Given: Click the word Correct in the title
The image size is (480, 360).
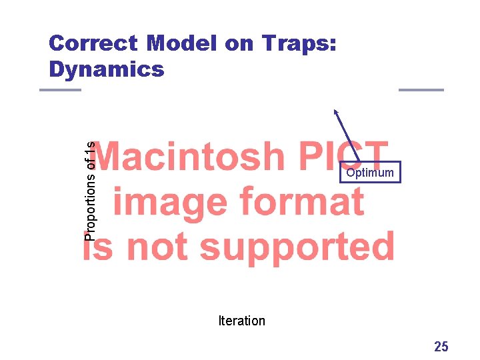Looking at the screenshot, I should [x=93, y=44].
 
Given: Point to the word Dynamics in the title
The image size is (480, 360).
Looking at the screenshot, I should [x=107, y=69].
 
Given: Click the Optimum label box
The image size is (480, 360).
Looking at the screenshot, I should [x=370, y=173].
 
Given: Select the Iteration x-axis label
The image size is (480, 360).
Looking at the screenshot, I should [x=241, y=321].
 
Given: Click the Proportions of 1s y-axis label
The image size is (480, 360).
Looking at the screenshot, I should [x=91, y=190].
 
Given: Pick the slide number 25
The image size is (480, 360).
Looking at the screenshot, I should [x=441, y=346].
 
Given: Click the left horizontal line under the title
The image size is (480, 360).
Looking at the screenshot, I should [x=60, y=90].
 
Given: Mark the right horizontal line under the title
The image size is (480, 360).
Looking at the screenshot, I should [x=421, y=90].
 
